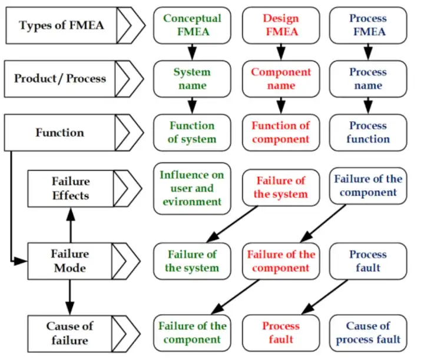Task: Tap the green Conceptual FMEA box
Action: (x=191, y=25)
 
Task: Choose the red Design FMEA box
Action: (x=281, y=25)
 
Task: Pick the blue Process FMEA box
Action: (x=368, y=25)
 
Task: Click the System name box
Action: (x=191, y=78)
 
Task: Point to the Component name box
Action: (x=281, y=78)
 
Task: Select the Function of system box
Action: (x=191, y=132)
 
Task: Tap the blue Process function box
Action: (x=368, y=132)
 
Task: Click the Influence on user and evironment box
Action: (x=191, y=188)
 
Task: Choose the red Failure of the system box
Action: (x=281, y=187)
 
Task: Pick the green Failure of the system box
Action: (x=191, y=261)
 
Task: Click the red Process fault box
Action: (x=281, y=332)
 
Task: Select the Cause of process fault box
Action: (x=368, y=332)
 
